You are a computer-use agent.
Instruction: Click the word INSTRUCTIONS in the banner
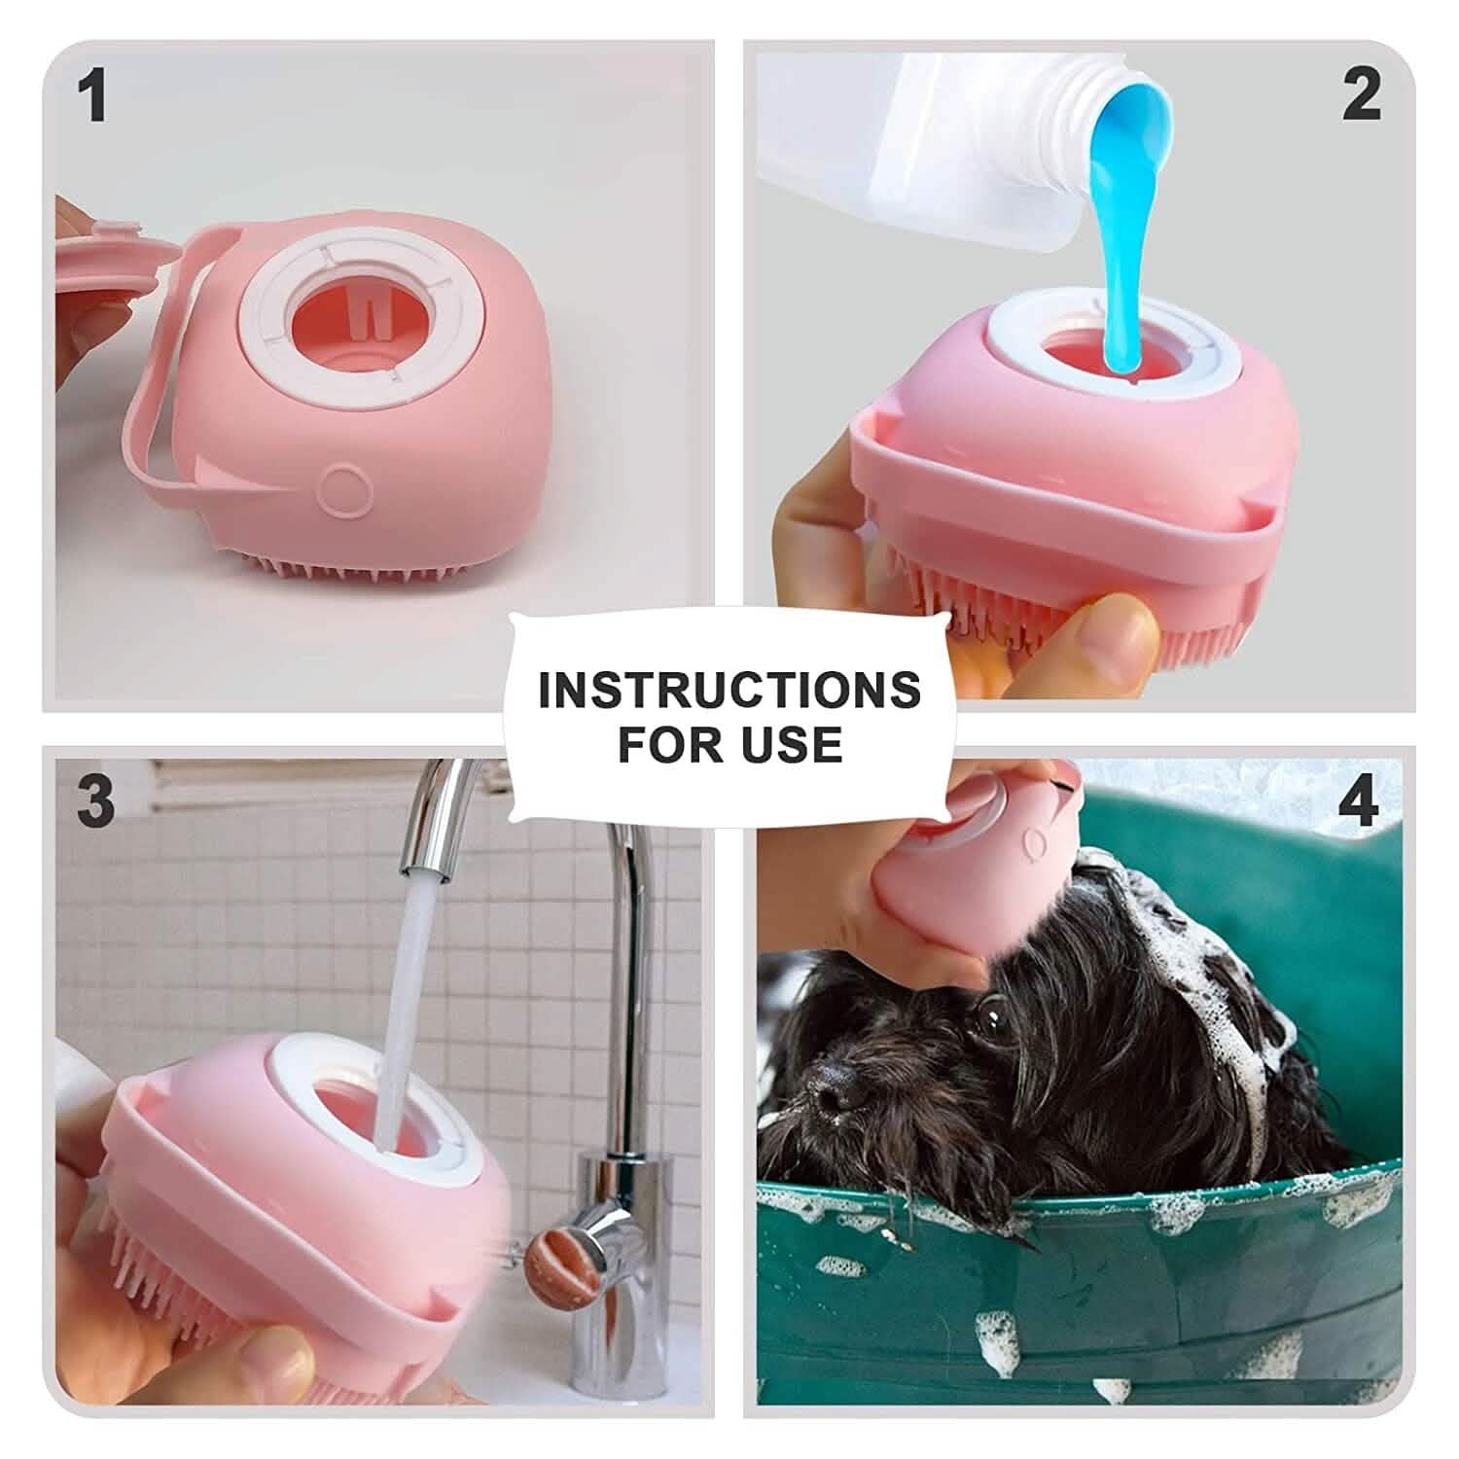(x=729, y=690)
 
